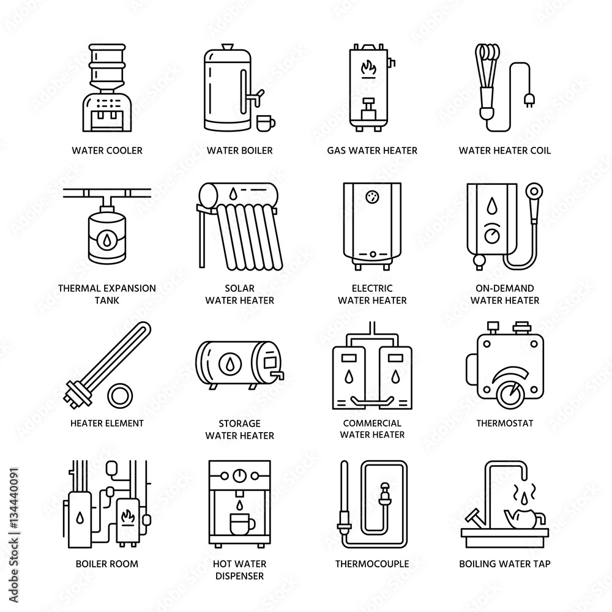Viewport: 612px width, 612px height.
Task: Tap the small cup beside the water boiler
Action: coord(265,122)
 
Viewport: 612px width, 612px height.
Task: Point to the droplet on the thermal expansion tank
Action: coord(99,237)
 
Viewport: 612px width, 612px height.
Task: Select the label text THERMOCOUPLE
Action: coord(371,563)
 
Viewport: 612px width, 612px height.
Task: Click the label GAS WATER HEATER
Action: coord(372,150)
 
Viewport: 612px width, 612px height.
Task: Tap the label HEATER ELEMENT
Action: coord(107,423)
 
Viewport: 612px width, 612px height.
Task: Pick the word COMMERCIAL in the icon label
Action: coord(371,423)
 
